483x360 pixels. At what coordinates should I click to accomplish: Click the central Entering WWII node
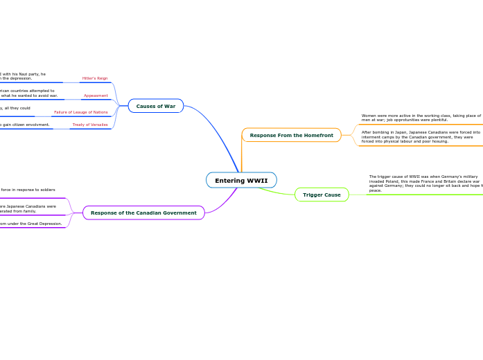coord(241,181)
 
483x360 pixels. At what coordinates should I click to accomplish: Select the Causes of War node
coord(156,106)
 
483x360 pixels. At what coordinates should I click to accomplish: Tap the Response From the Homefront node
coord(291,135)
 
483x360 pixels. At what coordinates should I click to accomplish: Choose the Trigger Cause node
coord(322,195)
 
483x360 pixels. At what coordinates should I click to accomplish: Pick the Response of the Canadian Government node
coord(143,213)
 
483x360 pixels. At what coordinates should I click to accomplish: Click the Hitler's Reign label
coord(95,78)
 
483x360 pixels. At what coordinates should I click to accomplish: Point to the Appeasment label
coord(96,96)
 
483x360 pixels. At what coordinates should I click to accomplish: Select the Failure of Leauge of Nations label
coord(81,112)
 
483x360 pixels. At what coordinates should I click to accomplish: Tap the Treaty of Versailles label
coord(90,125)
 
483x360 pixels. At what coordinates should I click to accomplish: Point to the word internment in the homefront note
coord(371,137)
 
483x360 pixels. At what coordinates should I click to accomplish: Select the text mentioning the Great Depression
coord(31,224)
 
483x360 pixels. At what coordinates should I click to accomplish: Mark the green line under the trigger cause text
coord(416,195)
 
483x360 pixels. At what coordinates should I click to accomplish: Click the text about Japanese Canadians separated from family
coord(28,208)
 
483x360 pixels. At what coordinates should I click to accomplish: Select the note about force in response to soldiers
coord(28,190)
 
